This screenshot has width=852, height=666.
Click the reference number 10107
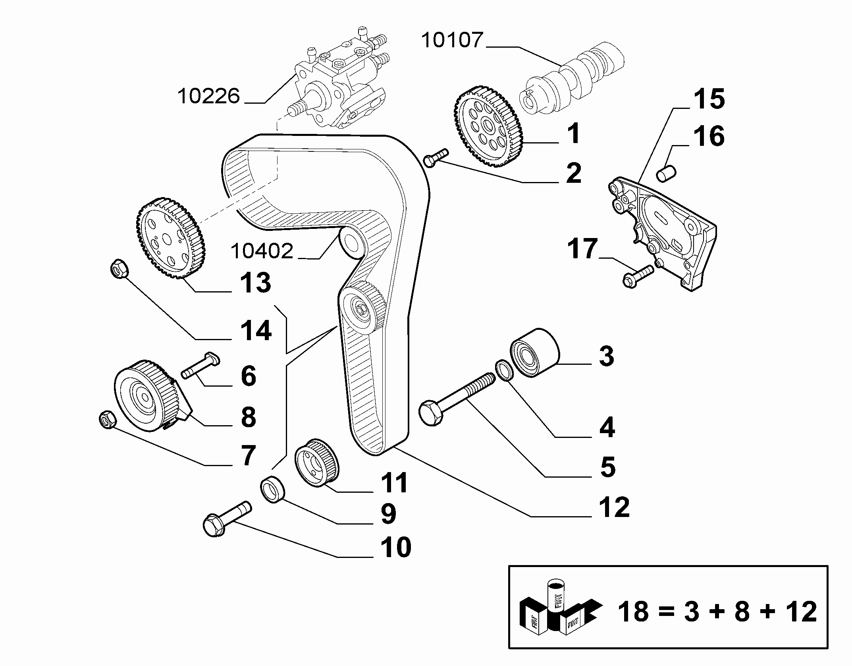[452, 41]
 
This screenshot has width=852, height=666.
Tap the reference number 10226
[209, 96]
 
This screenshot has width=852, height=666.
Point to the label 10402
[262, 251]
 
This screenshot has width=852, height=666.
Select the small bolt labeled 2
[435, 158]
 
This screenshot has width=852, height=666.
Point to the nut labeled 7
[107, 420]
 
